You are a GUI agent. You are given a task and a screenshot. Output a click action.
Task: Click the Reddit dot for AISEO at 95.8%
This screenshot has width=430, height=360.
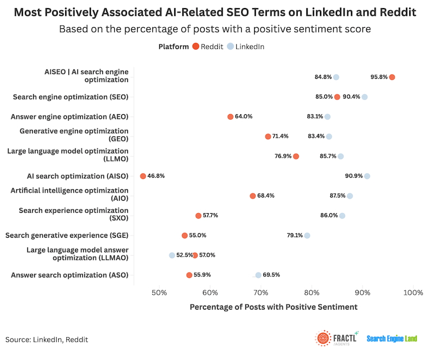click(x=392, y=77)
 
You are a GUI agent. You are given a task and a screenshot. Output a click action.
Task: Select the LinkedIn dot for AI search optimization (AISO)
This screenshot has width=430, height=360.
click(x=367, y=176)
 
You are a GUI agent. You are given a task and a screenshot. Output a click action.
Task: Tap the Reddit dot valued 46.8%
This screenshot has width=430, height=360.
click(x=143, y=176)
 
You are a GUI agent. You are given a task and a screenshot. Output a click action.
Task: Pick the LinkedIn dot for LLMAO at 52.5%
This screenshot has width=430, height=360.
click(x=172, y=255)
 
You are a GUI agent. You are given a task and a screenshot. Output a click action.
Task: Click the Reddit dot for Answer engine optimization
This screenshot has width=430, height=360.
click(x=230, y=116)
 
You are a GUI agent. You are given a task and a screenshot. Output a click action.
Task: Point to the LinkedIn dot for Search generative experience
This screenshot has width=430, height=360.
click(x=307, y=235)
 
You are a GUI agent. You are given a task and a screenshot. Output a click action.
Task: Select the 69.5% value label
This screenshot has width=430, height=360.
click(x=272, y=275)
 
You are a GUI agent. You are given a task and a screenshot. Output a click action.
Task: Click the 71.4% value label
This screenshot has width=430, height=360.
click(x=280, y=136)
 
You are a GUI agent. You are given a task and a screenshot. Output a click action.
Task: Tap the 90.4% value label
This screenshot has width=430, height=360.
click(x=352, y=97)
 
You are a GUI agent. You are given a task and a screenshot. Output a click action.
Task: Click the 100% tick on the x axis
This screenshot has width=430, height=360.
click(x=413, y=293)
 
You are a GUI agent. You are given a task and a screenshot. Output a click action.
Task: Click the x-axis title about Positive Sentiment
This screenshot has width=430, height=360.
click(x=273, y=307)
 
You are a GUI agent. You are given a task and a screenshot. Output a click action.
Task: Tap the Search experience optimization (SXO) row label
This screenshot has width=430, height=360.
click(x=73, y=215)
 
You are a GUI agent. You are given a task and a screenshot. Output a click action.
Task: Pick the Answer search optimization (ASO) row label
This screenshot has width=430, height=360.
click(x=70, y=275)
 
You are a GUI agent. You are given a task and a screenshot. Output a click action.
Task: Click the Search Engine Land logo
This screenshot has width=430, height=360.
click(x=392, y=339)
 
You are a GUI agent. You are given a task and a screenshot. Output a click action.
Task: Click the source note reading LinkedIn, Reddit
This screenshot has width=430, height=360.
click(x=47, y=339)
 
